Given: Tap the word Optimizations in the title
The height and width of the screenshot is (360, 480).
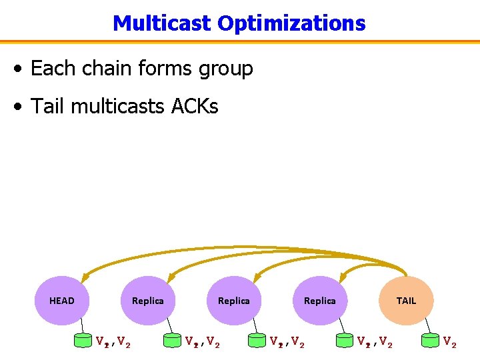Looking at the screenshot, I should tap(291, 23).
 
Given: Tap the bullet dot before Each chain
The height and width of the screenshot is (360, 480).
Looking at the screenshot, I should tap(22, 69).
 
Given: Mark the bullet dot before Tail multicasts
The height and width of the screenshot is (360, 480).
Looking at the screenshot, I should tap(22, 107).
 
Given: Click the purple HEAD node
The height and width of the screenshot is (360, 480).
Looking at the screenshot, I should tap(62, 301).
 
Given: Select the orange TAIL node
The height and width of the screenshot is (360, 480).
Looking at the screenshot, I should tap(406, 301).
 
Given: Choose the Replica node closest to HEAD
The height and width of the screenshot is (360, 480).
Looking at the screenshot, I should tap(148, 301).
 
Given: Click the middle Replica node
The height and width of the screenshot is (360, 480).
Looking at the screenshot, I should tap(234, 301).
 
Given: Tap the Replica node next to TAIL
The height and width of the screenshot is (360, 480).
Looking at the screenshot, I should tap(320, 301).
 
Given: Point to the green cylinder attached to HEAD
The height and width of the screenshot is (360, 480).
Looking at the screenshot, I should tap(83, 341).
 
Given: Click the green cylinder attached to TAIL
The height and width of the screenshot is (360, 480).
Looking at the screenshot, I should tap(431, 341).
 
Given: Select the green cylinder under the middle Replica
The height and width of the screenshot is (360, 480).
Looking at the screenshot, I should tap(257, 341).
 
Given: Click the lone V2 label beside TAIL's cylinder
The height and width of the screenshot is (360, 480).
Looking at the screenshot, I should tap(450, 342).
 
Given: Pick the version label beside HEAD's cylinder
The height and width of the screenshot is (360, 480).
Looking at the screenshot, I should tap(113, 342).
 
